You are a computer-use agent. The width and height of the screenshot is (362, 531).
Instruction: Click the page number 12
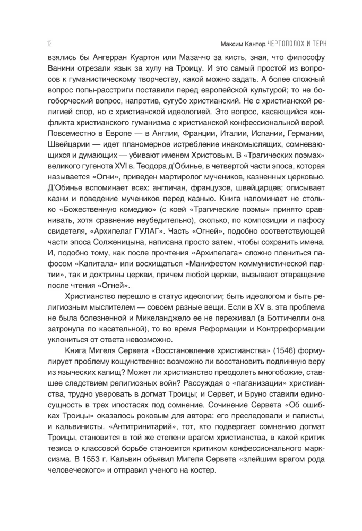pos(34,42)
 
